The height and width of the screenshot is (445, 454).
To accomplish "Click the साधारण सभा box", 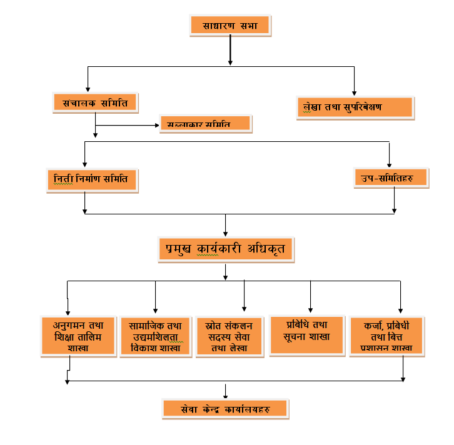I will tap(231, 25).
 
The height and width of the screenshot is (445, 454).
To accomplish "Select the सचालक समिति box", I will tap(95, 102).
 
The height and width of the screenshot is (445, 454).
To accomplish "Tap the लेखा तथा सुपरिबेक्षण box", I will tap(355, 107).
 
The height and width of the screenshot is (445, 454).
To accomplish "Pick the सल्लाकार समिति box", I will tap(204, 123).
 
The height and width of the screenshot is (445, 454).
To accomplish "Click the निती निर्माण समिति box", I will tap(91, 179).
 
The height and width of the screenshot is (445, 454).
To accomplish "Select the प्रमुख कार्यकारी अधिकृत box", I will tap(226, 249).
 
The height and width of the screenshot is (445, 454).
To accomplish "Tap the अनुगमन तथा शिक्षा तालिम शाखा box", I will tap(78, 336).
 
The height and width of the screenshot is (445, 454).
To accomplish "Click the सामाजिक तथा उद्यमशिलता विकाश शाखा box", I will tap(155, 336).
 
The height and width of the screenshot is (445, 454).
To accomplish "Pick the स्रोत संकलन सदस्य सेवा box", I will tap(230, 336).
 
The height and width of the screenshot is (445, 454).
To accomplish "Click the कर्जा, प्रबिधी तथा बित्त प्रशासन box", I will tap(386, 336).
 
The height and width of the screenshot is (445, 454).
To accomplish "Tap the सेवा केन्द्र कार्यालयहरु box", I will tap(226, 408).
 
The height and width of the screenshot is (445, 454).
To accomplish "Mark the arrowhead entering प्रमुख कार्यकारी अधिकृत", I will tap(226, 232).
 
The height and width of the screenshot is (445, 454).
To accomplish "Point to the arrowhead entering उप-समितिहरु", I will tap(390, 163).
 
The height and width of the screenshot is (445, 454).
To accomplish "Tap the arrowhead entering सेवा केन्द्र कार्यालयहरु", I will tap(226, 395).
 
